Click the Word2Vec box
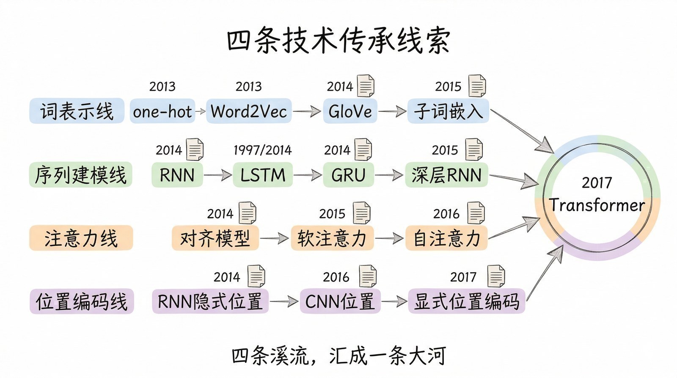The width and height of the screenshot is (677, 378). click(x=249, y=111)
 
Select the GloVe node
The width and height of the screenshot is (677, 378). click(x=350, y=111)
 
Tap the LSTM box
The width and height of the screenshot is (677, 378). click(x=262, y=175)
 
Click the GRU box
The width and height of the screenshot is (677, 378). click(x=348, y=175)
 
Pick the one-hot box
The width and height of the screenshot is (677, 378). click(x=162, y=111)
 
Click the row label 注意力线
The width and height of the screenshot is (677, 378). click(x=81, y=238)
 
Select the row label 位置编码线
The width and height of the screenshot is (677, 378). click(x=81, y=301)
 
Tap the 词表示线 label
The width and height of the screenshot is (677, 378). click(x=77, y=111)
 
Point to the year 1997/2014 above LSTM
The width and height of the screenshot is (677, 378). click(x=262, y=150)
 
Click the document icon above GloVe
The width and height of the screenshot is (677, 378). click(x=366, y=86)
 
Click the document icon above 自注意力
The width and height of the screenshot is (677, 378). click(x=476, y=212)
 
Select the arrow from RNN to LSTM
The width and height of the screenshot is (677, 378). click(x=217, y=175)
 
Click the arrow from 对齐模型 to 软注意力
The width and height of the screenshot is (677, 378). click(x=274, y=238)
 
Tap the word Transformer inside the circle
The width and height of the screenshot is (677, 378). click(x=597, y=205)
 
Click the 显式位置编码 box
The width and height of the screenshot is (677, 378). click(x=466, y=301)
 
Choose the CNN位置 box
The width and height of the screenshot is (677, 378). click(x=340, y=301)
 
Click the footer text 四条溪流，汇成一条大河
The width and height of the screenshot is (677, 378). click(x=338, y=356)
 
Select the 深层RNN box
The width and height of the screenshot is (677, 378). click(x=446, y=175)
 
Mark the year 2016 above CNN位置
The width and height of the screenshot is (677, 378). click(x=336, y=277)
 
